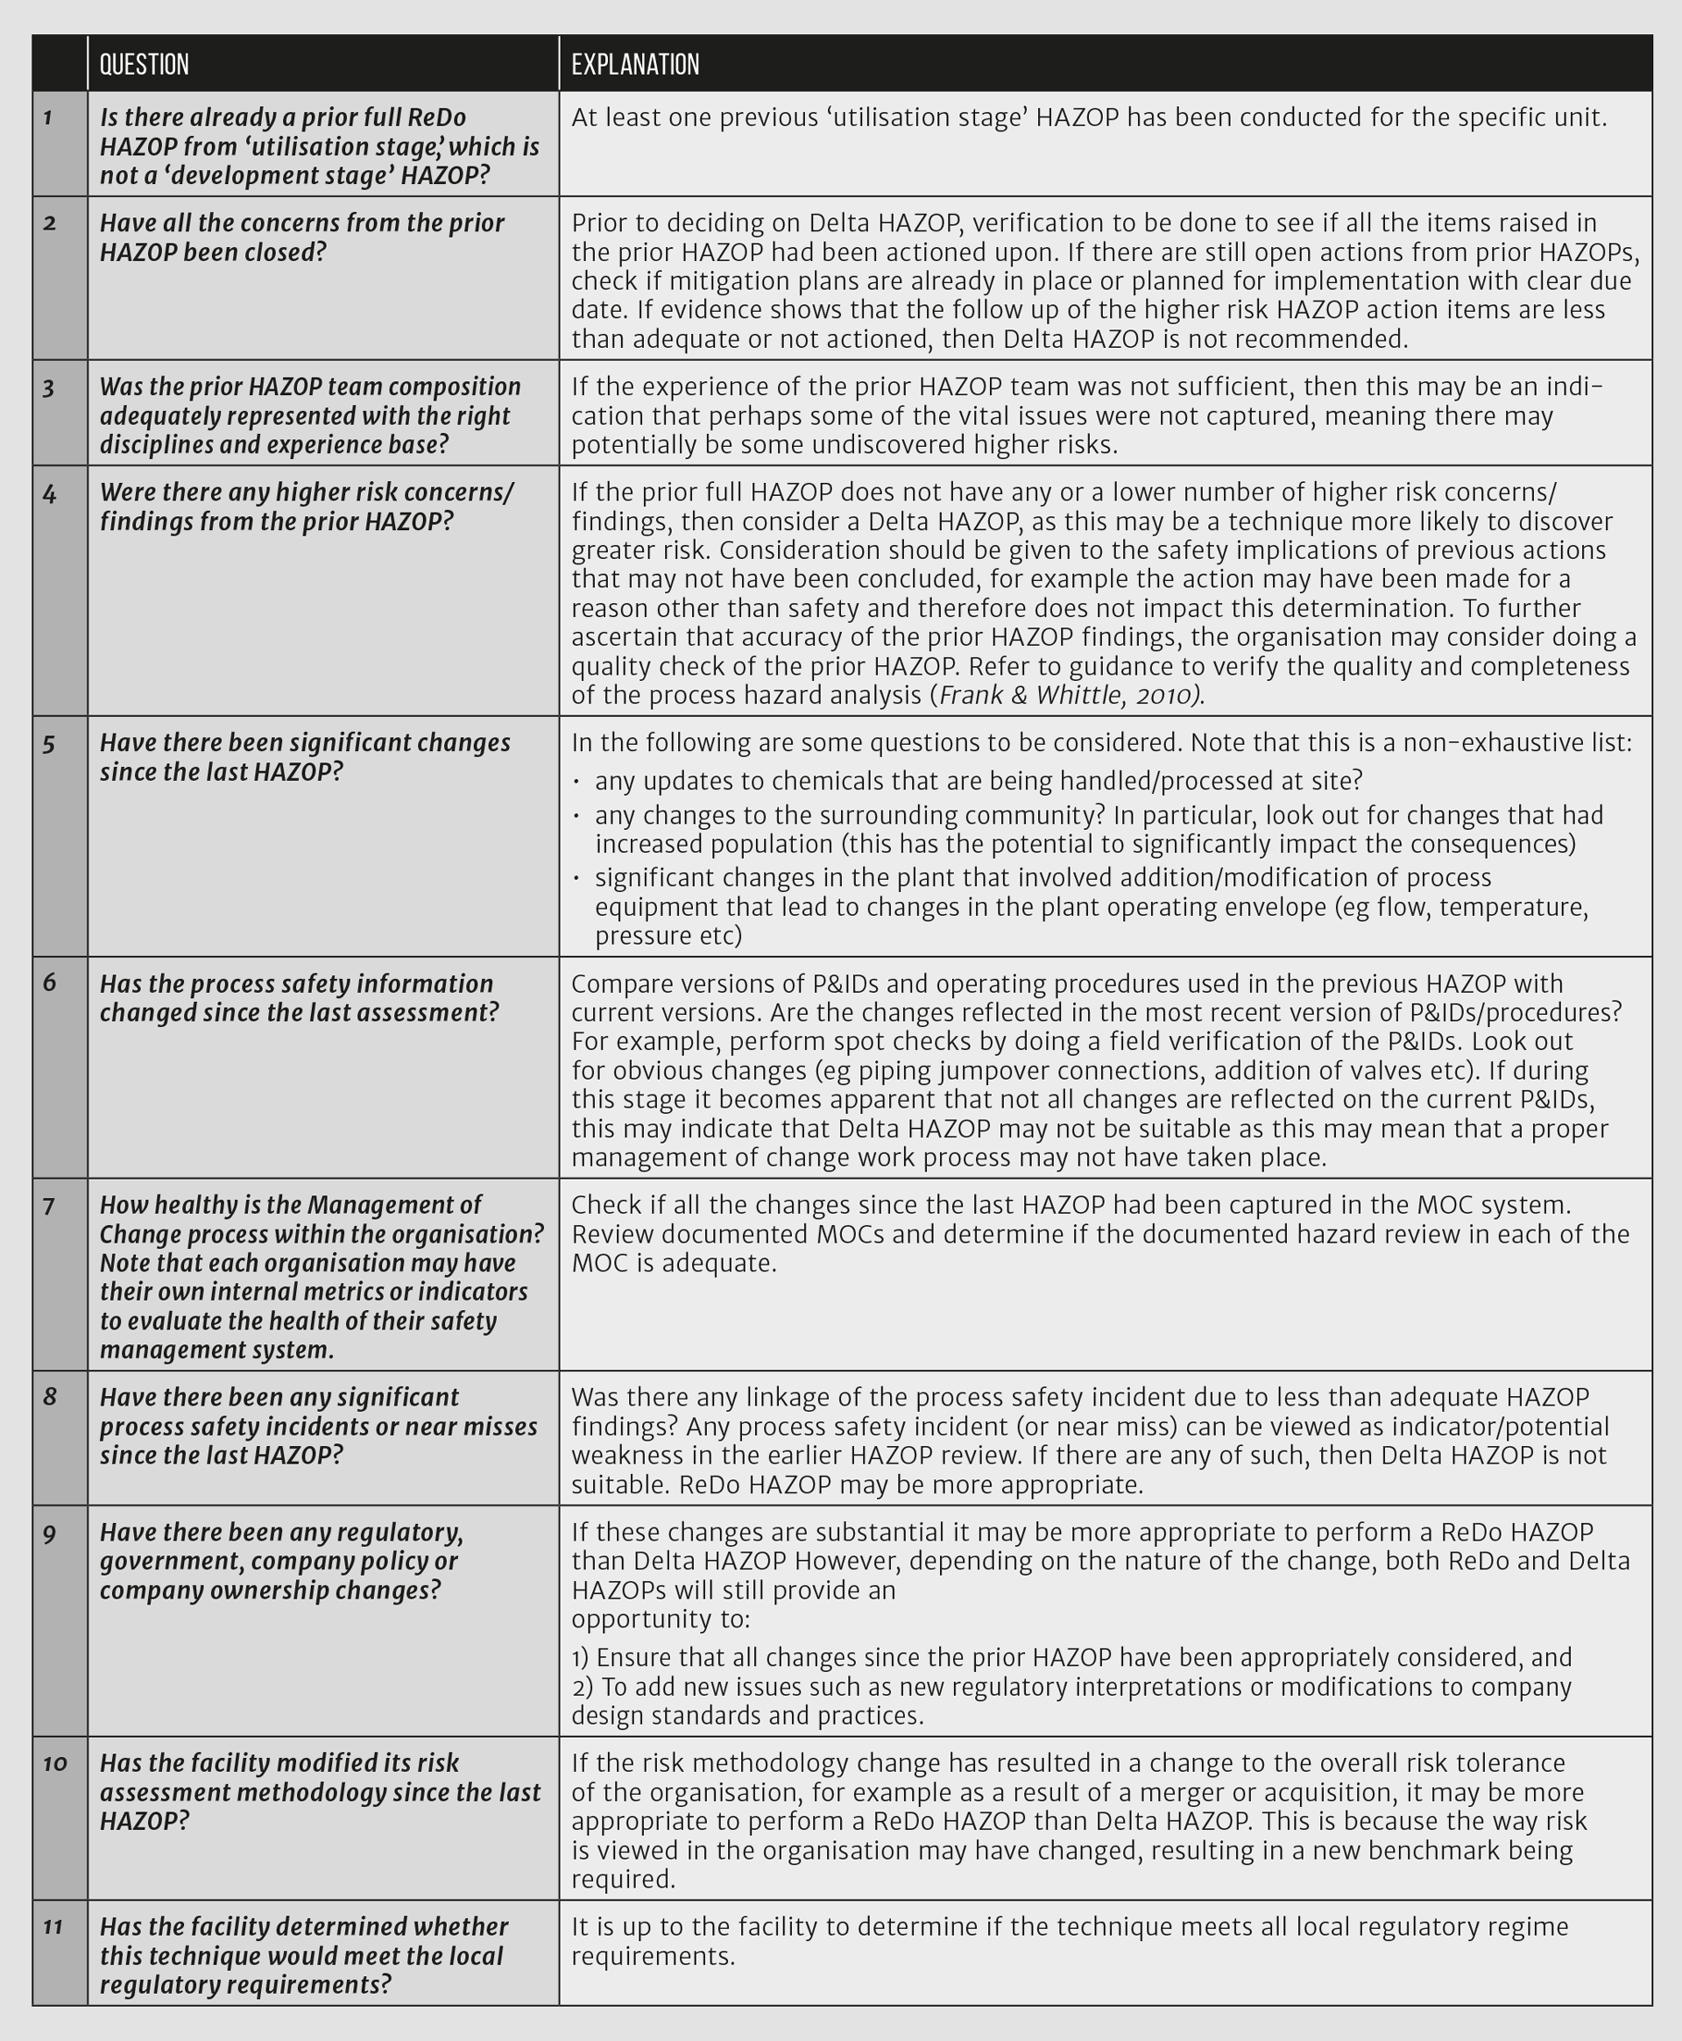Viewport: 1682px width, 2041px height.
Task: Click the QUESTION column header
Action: (x=145, y=65)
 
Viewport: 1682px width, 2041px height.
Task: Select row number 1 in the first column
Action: (x=48, y=118)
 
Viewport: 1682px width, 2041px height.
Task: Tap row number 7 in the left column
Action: (x=48, y=1206)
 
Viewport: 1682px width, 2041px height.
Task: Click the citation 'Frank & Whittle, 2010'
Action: (x=1070, y=695)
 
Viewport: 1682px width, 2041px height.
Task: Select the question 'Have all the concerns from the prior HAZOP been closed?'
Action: (x=301, y=237)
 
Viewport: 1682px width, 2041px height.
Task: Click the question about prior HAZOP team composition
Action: (x=310, y=415)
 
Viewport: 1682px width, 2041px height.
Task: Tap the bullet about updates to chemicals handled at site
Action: (x=979, y=780)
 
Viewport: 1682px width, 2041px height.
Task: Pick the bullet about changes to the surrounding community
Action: (x=1099, y=829)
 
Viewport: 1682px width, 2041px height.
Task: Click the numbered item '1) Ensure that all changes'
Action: (x=1071, y=1657)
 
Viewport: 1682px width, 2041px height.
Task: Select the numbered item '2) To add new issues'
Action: (x=1071, y=1701)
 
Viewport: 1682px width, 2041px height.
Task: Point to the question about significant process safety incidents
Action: (x=318, y=1427)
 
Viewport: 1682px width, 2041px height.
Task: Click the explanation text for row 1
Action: (x=1089, y=118)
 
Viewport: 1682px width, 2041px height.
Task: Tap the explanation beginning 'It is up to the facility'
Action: (x=1070, y=1940)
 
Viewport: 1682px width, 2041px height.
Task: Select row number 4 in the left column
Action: (x=48, y=493)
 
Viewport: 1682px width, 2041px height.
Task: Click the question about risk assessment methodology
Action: (x=320, y=1792)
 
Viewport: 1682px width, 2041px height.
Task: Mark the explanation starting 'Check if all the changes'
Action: (x=1099, y=1234)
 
